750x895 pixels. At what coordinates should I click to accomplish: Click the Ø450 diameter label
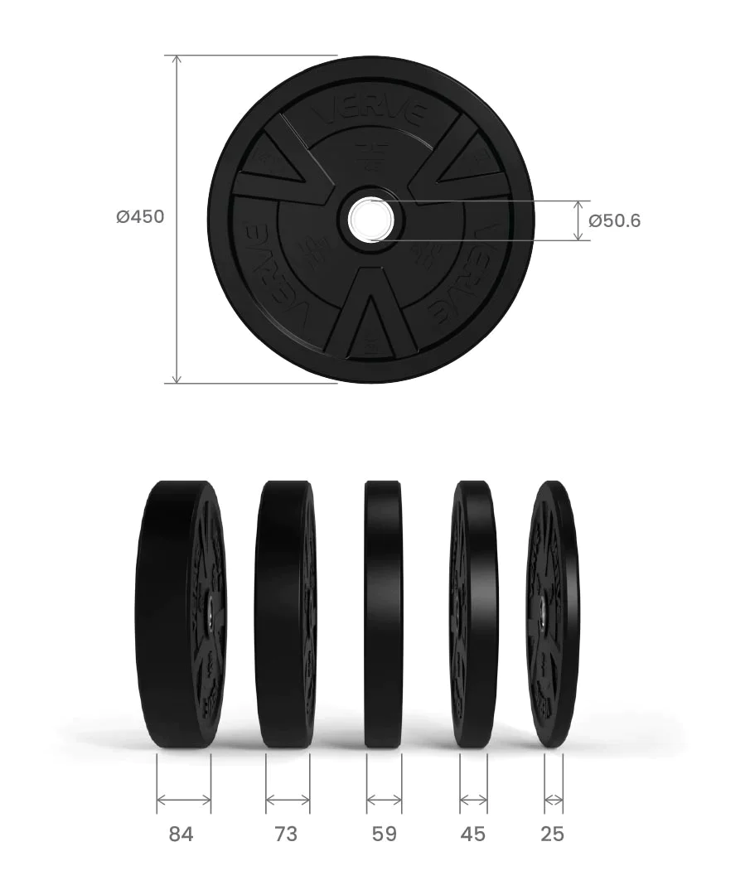point(140,217)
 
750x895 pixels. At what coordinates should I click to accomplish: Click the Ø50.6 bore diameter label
point(614,221)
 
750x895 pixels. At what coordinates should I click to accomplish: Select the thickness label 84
point(181,835)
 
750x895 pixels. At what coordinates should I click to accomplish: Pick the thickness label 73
point(286,835)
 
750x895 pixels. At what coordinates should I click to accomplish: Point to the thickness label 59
point(384,835)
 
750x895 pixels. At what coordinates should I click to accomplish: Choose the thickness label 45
point(473,835)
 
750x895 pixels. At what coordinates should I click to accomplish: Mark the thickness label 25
point(552,835)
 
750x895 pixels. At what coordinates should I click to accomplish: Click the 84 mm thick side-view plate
point(178,613)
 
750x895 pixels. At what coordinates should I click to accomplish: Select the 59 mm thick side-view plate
point(384,613)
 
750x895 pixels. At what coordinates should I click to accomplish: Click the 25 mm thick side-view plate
point(553,613)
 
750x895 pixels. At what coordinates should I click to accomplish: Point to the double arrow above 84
point(183,800)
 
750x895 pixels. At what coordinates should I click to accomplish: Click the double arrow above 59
point(384,800)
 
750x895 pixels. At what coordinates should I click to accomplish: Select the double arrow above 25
point(554,800)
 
